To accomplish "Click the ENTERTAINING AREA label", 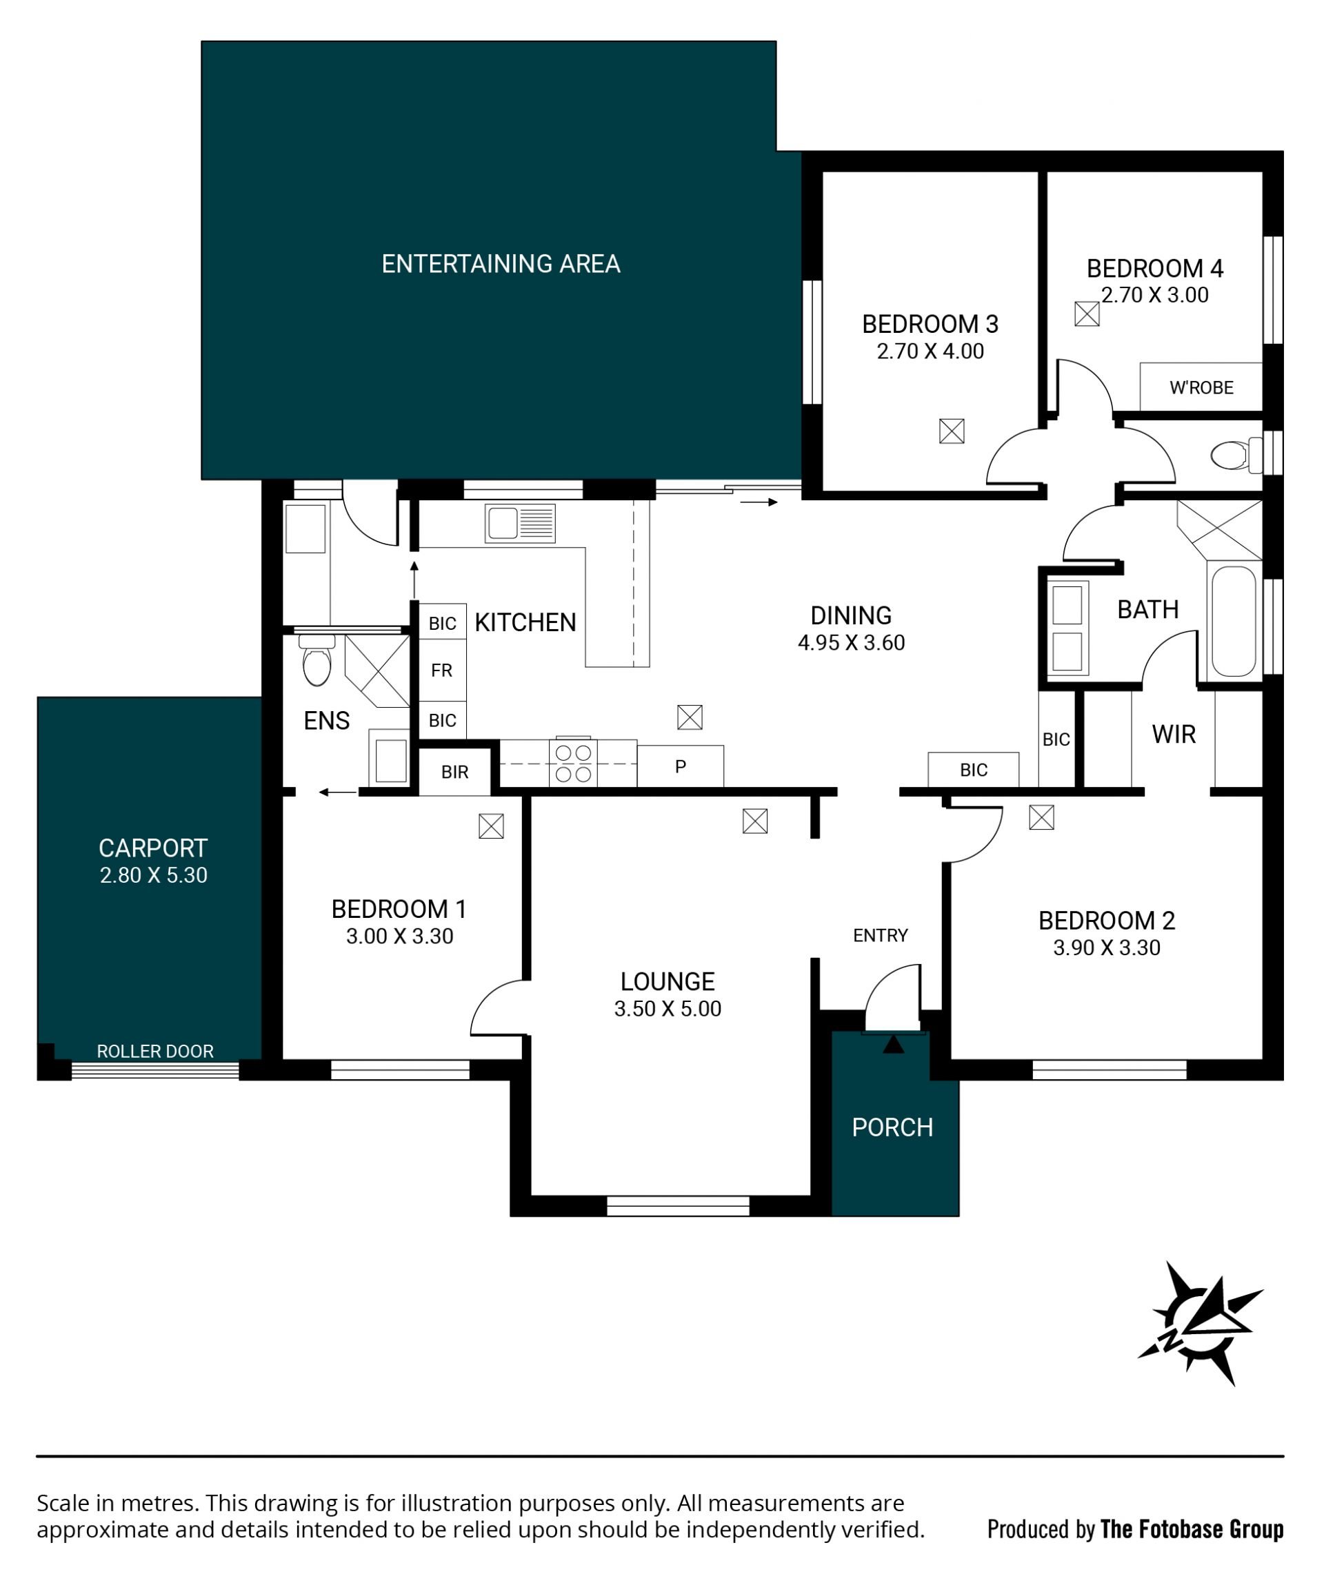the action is pos(501,264).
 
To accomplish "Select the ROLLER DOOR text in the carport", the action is pos(155,1051).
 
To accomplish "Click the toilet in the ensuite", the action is pos(317,660).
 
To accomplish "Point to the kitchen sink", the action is pos(520,523).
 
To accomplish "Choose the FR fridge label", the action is pos(441,670).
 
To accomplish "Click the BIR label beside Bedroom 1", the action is pos(455,772).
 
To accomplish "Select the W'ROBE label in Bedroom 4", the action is pos(1201,388).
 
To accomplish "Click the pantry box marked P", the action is pos(681,766).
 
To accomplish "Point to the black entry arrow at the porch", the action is pos(894,1045).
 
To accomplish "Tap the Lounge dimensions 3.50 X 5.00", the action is pos(668,1009).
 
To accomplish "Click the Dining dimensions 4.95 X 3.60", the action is pos(852,643).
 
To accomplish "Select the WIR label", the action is pos(1174,735).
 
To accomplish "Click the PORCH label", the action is pos(892,1127).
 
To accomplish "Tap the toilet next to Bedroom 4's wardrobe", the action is pos(1236,455).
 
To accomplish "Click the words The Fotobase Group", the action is pos(1192,1530).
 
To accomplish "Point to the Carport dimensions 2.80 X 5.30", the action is pos(154,875).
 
